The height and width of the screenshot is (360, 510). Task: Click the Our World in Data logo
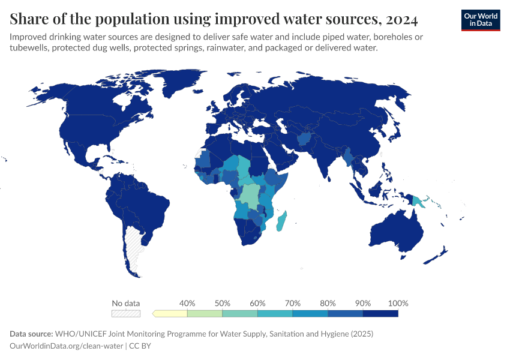(480, 20)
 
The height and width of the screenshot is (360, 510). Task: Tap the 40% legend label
(187, 303)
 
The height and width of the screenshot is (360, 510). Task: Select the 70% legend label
(292, 303)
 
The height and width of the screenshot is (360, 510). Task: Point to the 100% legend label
(398, 303)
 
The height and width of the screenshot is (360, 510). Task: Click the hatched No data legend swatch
(126, 313)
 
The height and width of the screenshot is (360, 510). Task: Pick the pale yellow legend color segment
(171, 313)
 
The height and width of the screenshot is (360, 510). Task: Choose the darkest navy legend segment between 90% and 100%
(380, 313)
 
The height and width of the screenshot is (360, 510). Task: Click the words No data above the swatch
(126, 303)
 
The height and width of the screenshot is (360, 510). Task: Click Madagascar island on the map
(281, 222)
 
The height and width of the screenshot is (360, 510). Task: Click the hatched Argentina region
(133, 246)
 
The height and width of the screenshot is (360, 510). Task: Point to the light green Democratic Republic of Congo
(249, 195)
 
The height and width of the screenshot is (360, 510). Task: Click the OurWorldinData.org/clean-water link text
(67, 346)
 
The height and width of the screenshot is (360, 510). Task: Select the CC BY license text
(139, 346)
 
